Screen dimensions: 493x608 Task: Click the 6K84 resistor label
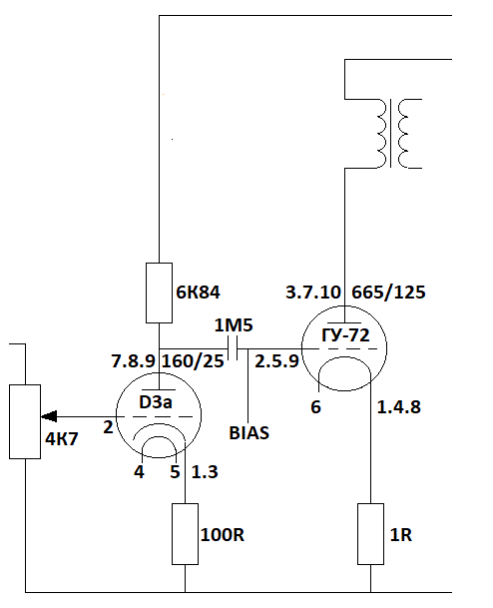198,293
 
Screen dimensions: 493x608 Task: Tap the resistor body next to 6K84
159,293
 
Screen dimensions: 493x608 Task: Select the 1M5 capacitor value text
234,325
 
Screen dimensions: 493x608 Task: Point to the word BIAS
248,433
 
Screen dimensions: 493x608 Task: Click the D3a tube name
156,402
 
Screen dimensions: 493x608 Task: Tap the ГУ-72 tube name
345,335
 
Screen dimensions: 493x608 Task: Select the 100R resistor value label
223,535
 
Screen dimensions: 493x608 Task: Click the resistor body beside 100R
186,534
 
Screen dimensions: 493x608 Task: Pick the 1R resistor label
401,535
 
